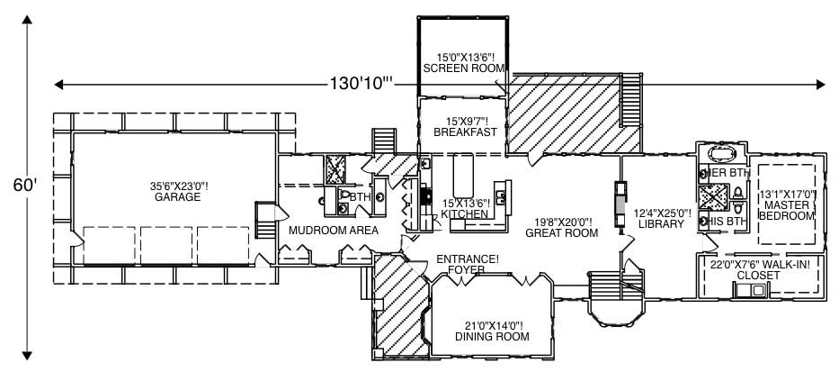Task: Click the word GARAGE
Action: tap(176, 197)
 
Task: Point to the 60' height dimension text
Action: tap(25, 185)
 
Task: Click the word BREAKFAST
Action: tap(465, 132)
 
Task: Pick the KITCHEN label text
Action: tap(465, 214)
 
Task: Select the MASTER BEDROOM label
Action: tap(788, 211)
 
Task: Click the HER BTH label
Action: tap(725, 172)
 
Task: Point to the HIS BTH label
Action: tap(725, 221)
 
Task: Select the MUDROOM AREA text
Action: tap(333, 231)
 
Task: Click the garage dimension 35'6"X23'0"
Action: tap(179, 186)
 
